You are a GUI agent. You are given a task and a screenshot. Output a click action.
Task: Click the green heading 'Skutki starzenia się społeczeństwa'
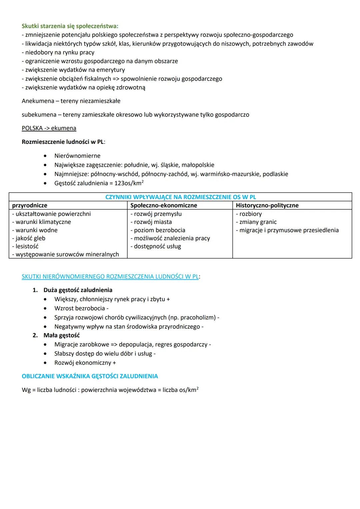tap(70, 26)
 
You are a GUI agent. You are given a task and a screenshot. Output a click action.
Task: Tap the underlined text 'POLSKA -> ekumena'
tap(49, 128)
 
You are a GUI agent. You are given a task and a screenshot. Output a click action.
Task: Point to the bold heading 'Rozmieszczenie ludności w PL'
tap(63, 142)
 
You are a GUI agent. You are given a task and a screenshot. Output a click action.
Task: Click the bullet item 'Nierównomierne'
tap(77, 156)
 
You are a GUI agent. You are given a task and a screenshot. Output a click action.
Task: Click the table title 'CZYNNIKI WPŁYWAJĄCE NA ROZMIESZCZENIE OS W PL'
tap(180, 197)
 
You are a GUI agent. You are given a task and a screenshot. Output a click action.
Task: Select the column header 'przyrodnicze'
tap(30, 205)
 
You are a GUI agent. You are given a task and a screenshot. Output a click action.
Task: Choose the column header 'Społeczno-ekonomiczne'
tap(164, 205)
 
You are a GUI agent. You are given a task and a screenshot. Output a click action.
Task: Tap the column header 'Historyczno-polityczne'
tap(267, 205)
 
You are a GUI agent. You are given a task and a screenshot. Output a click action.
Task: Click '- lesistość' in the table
tap(25, 246)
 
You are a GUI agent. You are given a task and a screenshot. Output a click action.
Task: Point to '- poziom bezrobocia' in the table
tap(158, 230)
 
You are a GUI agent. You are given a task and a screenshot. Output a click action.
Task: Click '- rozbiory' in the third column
tap(249, 214)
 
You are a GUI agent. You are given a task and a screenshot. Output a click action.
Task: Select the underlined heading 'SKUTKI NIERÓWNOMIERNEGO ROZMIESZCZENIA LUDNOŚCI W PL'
tap(110, 277)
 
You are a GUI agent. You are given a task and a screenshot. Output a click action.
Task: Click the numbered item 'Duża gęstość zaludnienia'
tap(78, 290)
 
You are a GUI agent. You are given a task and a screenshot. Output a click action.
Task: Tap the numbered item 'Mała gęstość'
tap(62, 335)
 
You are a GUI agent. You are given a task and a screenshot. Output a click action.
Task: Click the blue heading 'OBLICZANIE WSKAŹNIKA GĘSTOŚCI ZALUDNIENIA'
tap(90, 376)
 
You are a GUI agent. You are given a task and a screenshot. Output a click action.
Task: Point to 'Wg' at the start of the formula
tap(26, 390)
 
